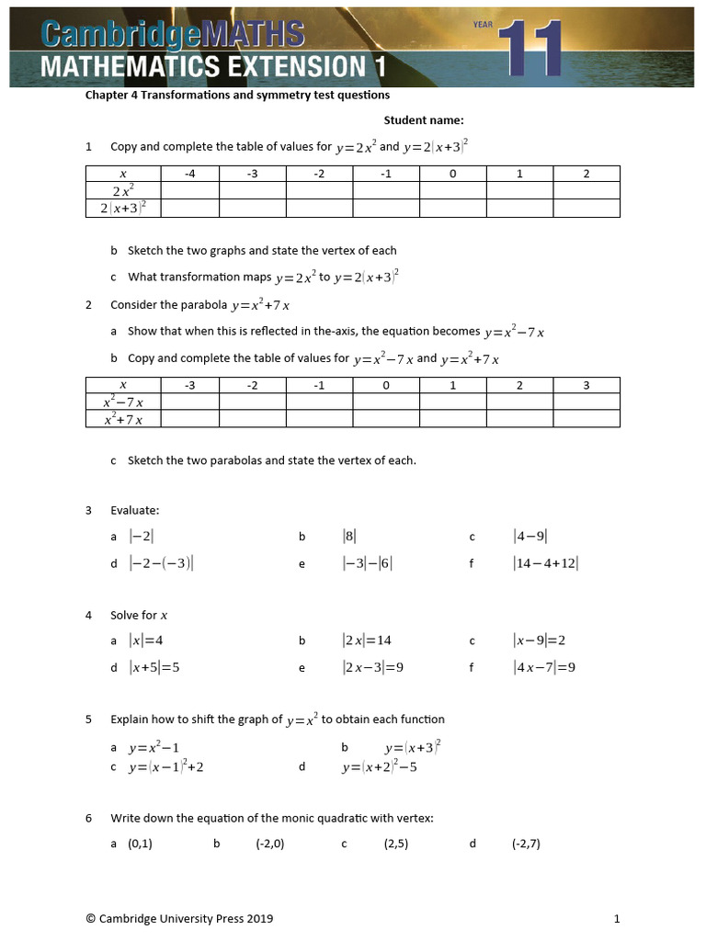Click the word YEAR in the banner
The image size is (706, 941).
(484, 23)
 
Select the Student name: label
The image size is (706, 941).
(424, 120)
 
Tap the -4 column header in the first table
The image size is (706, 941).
(189, 174)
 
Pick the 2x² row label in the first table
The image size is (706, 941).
(123, 191)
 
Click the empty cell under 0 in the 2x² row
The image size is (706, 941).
(452, 191)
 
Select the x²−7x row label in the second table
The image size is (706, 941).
(123, 402)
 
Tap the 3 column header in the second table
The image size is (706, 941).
(586, 385)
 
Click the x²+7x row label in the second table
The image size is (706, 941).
(123, 419)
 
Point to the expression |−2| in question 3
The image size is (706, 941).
(142, 537)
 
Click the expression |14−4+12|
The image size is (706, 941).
(546, 564)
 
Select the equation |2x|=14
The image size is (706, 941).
(367, 641)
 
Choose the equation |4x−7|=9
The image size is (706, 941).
(544, 667)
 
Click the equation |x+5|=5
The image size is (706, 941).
(154, 667)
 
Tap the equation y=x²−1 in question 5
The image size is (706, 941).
(154, 748)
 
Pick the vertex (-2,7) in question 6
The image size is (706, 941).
(526, 844)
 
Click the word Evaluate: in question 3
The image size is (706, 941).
(134, 510)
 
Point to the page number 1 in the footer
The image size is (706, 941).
(617, 918)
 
